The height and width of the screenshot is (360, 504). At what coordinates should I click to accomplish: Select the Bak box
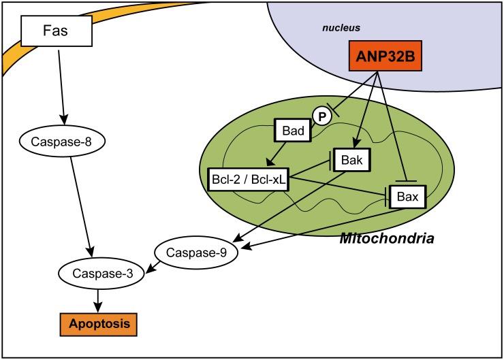pyautogui.click(x=351, y=161)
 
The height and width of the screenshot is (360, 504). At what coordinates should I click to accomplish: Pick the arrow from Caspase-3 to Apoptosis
pyautogui.click(x=99, y=297)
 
